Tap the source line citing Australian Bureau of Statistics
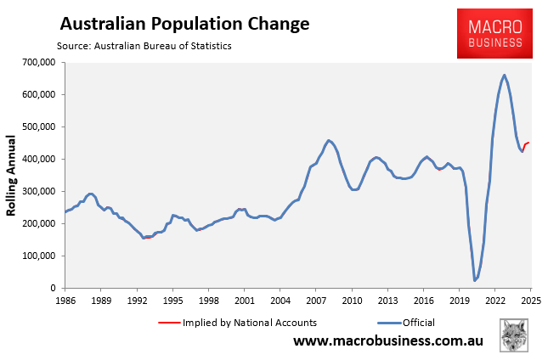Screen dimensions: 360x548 coord(144,45)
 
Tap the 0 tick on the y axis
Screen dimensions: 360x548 coord(51,289)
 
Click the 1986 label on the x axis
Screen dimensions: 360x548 coord(65,301)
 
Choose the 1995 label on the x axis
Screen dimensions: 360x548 coord(172,301)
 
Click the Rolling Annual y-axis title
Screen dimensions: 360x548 coord(14,175)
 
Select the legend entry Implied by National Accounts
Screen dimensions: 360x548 coord(239,323)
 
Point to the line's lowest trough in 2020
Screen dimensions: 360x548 coord(475,280)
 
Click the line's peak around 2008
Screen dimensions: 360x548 coord(329,140)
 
